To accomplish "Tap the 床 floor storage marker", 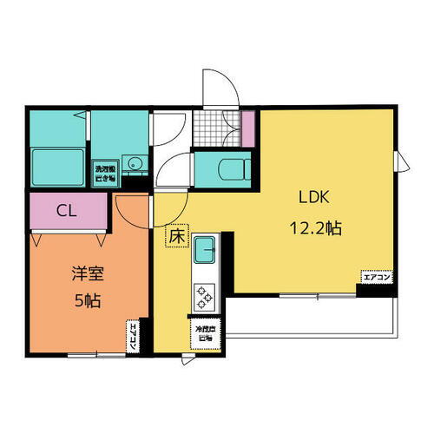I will pyautogui.click(x=176, y=234).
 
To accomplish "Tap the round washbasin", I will pyautogui.click(x=135, y=162).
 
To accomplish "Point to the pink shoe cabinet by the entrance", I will pyautogui.click(x=247, y=128).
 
